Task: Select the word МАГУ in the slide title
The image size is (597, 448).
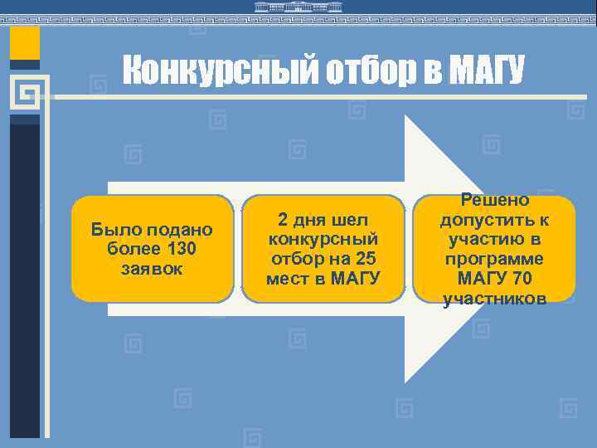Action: pyautogui.click(x=485, y=72)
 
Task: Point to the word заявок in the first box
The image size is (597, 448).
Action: pyautogui.click(x=152, y=269)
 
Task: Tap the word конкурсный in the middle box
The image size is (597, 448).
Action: pyautogui.click(x=323, y=239)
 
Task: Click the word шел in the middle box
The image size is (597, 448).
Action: pyautogui.click(x=348, y=220)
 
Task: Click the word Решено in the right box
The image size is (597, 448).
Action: pyautogui.click(x=495, y=200)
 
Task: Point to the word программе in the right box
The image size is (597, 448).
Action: pyautogui.click(x=495, y=259)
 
